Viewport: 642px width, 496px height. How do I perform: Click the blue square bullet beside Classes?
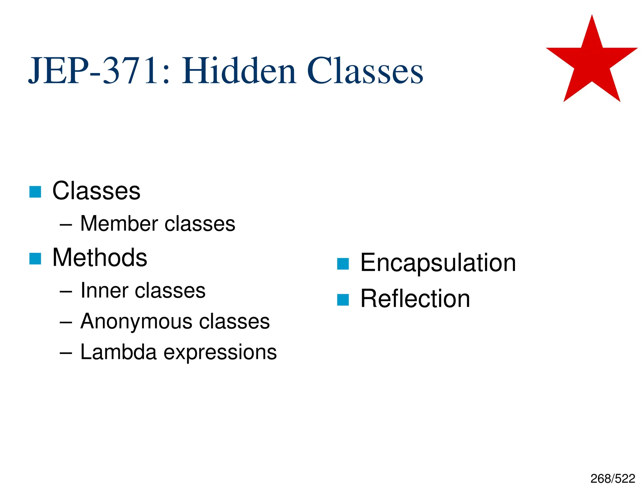[x=35, y=192]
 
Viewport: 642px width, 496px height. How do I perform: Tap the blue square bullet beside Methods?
[x=35, y=259]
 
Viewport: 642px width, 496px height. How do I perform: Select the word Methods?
[x=100, y=257]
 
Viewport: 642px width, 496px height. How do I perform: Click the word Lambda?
[x=118, y=352]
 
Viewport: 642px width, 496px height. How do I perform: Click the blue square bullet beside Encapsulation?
[x=343, y=264]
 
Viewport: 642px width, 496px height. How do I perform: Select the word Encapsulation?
[x=438, y=263]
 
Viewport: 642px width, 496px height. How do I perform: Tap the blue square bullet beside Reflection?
[x=343, y=300]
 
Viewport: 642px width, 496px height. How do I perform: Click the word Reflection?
[x=415, y=298]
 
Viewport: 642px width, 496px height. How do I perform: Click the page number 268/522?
[x=613, y=479]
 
